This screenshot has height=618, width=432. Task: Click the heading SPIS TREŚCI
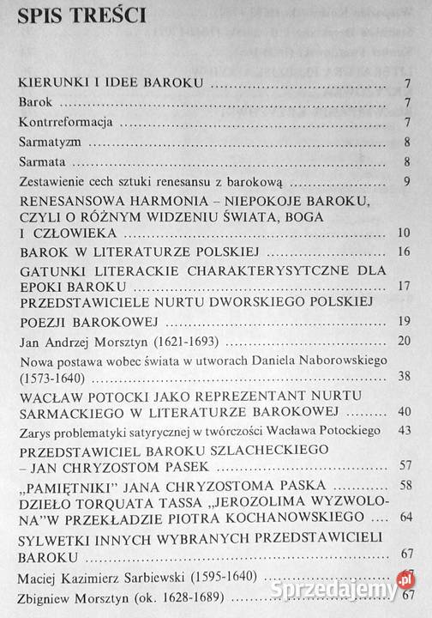tap(82, 16)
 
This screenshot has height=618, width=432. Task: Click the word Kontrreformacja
tap(56, 123)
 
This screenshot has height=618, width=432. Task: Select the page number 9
tap(406, 182)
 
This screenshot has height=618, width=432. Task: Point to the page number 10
tap(404, 233)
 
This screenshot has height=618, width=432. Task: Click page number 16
tap(404, 253)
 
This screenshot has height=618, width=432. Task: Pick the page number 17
tap(404, 287)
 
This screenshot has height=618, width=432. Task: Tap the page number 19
tap(404, 323)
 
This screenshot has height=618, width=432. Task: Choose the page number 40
tap(404, 412)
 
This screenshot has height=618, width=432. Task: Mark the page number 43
tap(404, 430)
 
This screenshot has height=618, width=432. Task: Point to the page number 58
tap(404, 485)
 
